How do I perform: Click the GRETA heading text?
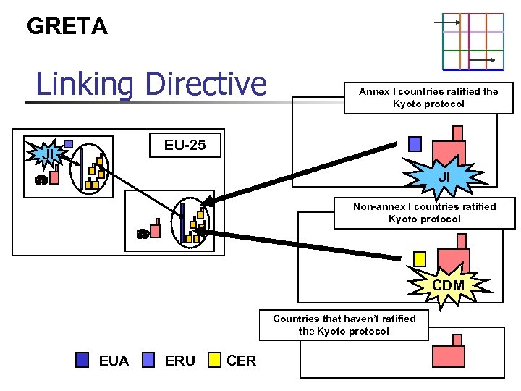tap(67, 27)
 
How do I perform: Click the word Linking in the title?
tap(83, 84)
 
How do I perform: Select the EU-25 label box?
tap(185, 145)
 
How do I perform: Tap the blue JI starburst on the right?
tap(444, 177)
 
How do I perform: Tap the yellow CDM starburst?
tap(448, 285)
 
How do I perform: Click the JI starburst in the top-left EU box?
tap(45, 154)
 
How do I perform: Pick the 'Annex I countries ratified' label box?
tap(428, 98)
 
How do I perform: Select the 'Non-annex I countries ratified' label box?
tap(424, 213)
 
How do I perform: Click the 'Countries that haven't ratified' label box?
tap(344, 324)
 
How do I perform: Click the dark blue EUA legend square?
tap(83, 360)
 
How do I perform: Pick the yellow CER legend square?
tap(214, 360)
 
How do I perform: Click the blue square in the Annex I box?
tap(415, 144)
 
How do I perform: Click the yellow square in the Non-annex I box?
tap(419, 258)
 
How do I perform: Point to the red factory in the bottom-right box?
tap(452, 353)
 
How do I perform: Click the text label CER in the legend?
tap(241, 361)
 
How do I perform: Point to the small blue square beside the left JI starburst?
tap(68, 143)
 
